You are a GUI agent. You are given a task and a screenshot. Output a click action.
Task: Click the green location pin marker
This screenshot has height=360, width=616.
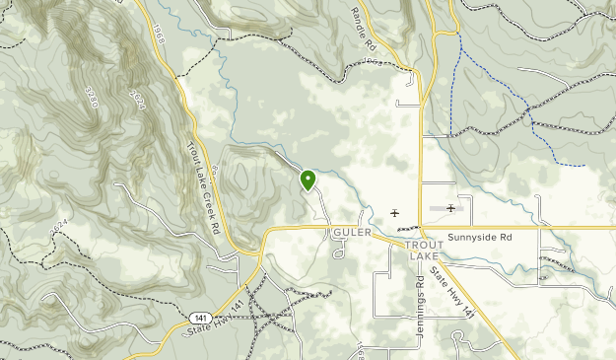click(308, 180)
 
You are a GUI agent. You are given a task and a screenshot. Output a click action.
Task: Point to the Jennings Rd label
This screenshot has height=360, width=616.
click(420, 296)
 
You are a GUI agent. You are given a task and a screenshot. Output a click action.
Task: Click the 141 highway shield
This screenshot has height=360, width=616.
click(200, 318)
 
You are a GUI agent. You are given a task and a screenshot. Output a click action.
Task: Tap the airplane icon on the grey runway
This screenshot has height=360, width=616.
click(450, 208)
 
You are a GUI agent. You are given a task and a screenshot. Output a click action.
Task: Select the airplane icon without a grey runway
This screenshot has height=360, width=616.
click(395, 212)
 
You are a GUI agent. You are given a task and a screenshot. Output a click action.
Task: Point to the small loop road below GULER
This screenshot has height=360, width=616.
click(340, 252)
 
